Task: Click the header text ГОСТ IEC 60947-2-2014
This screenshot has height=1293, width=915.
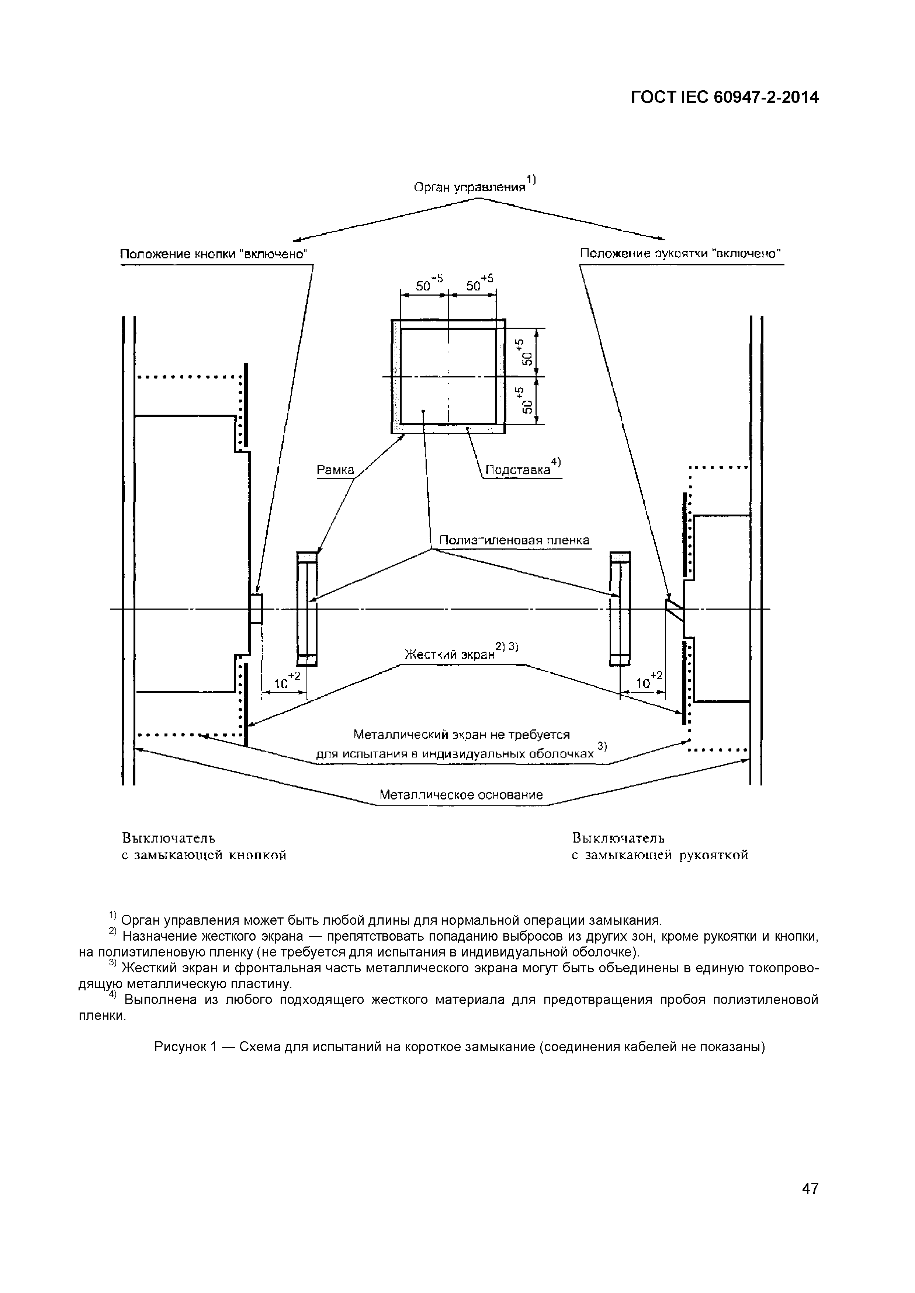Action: (x=724, y=97)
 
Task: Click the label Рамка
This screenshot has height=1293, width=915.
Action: (x=335, y=470)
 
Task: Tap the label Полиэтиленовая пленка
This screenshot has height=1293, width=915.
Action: (x=514, y=541)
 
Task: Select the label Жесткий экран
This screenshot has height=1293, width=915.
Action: (x=450, y=654)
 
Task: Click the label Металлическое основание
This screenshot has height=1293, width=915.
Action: (x=461, y=795)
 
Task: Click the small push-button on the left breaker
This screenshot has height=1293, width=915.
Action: (x=256, y=609)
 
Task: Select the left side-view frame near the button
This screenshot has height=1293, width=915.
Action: (x=307, y=609)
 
